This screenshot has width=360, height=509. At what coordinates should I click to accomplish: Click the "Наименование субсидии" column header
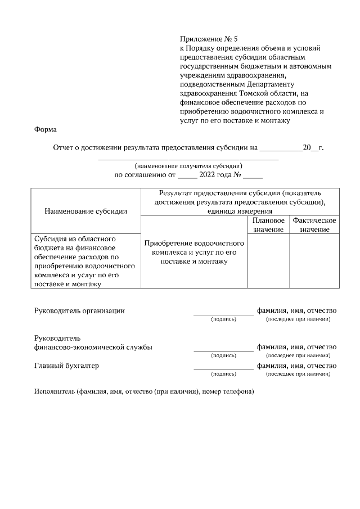[85, 211]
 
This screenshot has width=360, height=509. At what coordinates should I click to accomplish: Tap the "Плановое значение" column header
[268, 225]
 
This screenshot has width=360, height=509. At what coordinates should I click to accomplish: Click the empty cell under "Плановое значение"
[268, 262]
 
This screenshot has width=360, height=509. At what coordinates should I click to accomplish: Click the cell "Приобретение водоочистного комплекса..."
[194, 253]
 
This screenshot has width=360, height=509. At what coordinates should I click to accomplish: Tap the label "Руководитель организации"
[79, 310]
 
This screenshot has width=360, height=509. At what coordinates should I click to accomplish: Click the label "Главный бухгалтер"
[66, 366]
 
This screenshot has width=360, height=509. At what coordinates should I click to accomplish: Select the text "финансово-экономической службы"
[93, 347]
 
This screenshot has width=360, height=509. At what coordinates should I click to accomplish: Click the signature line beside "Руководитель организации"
[223, 313]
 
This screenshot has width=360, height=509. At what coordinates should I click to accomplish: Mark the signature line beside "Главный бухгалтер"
[223, 368]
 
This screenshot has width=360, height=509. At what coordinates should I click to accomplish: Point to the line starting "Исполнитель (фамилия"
[144, 391]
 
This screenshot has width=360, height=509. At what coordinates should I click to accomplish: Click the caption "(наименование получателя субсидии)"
[188, 166]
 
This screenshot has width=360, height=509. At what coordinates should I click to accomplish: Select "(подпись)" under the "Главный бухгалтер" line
[223, 373]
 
